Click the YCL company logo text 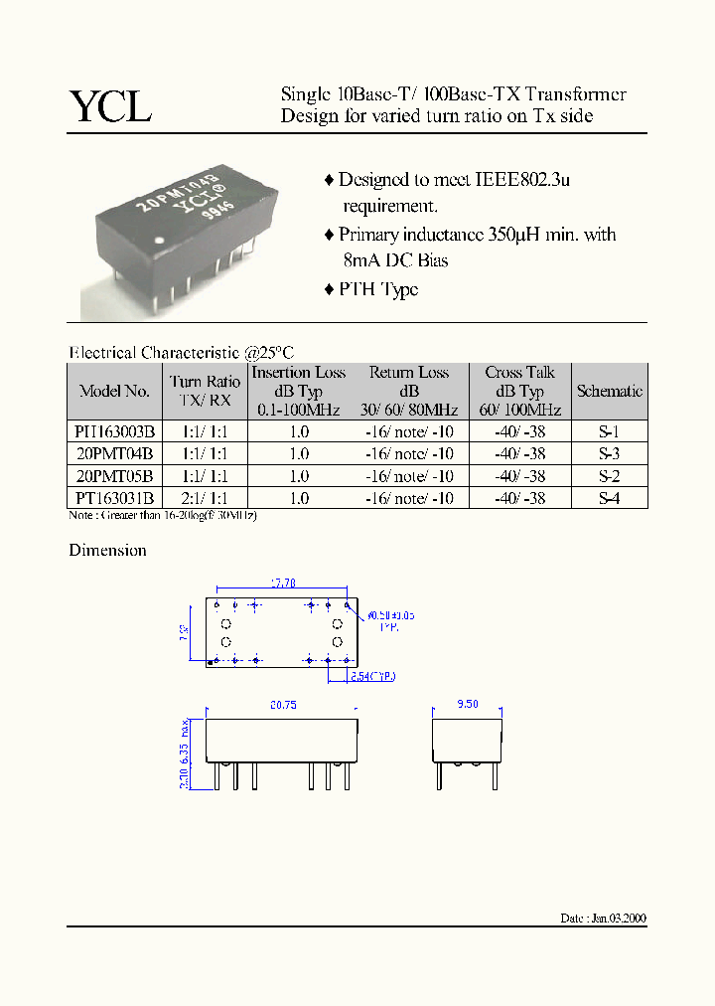point(109,105)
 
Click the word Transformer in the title point(576,94)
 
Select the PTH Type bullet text point(378,289)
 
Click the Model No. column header point(115,392)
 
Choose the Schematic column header point(609,392)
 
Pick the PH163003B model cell point(115,432)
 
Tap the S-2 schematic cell point(609,476)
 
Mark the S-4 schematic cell point(609,498)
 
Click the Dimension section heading point(107,550)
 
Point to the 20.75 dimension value point(283,705)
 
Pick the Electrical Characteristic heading point(181,352)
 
